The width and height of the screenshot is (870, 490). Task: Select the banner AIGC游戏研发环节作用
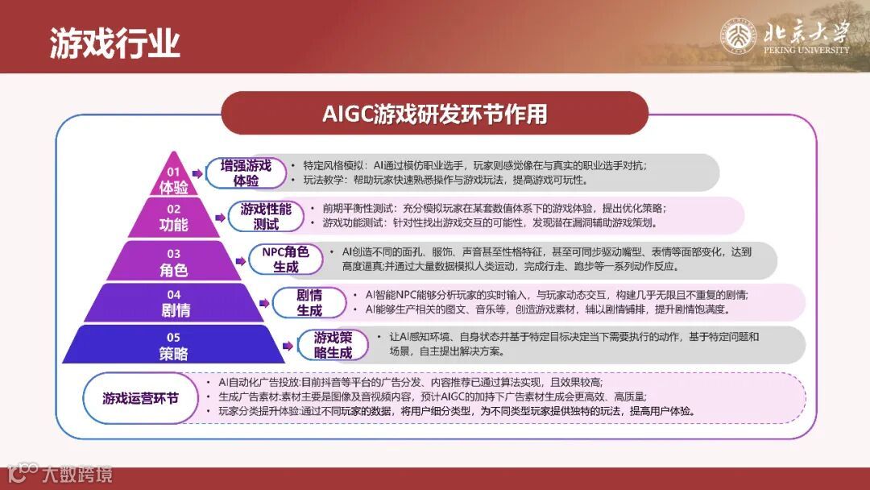(435, 114)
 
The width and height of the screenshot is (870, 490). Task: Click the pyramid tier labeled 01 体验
(173, 181)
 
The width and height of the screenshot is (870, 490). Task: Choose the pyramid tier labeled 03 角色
(173, 263)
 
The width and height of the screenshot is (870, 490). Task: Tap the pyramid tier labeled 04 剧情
(173, 303)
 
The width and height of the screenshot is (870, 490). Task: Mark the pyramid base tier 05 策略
(173, 345)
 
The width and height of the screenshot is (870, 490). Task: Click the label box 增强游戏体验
(246, 172)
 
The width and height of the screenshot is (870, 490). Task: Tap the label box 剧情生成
(309, 302)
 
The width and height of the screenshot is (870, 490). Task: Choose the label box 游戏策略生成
(333, 345)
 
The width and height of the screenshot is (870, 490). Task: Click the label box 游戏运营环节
(140, 399)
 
